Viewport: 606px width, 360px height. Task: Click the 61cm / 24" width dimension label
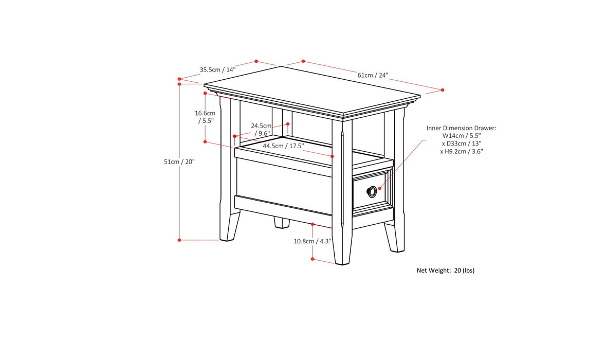[x=373, y=75]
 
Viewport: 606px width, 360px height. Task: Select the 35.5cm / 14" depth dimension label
[x=217, y=69]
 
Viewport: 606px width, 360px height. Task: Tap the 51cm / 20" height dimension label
[x=179, y=161]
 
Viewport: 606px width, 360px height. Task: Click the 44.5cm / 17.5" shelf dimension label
[x=283, y=146]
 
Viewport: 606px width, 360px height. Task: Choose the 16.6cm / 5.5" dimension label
[x=205, y=117]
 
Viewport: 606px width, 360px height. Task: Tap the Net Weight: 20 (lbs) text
[x=445, y=270]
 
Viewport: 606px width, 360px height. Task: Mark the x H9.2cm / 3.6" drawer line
[x=462, y=151]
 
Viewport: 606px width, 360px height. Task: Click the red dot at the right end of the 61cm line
[x=443, y=90]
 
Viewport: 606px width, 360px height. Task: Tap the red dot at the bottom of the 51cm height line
[x=179, y=240]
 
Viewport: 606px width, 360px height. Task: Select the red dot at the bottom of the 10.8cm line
[x=313, y=259]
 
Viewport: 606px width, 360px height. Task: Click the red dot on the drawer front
[x=380, y=188]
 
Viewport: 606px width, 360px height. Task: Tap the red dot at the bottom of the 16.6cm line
[x=205, y=141]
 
